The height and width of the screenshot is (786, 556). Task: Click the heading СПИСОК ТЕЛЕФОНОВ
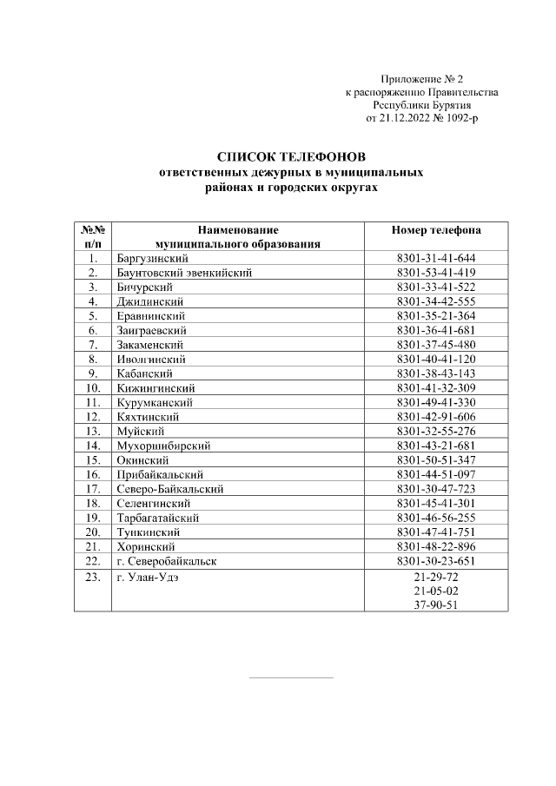click(x=291, y=157)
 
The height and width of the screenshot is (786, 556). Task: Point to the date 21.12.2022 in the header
click(x=401, y=117)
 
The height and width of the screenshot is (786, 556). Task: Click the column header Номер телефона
click(x=436, y=230)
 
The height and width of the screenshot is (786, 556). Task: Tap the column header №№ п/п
click(x=93, y=237)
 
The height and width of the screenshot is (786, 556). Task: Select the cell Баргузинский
click(x=152, y=259)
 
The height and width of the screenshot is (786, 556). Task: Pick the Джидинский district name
click(x=149, y=301)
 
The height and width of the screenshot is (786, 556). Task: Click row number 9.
click(x=92, y=373)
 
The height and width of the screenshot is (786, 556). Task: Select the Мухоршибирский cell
click(x=163, y=446)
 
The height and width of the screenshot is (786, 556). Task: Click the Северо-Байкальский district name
click(x=169, y=489)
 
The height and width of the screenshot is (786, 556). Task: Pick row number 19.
click(x=92, y=518)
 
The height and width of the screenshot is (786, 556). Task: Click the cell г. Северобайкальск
click(x=167, y=561)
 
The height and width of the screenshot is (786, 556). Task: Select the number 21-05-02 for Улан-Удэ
click(x=436, y=591)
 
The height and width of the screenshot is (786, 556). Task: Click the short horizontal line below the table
click(x=291, y=677)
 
